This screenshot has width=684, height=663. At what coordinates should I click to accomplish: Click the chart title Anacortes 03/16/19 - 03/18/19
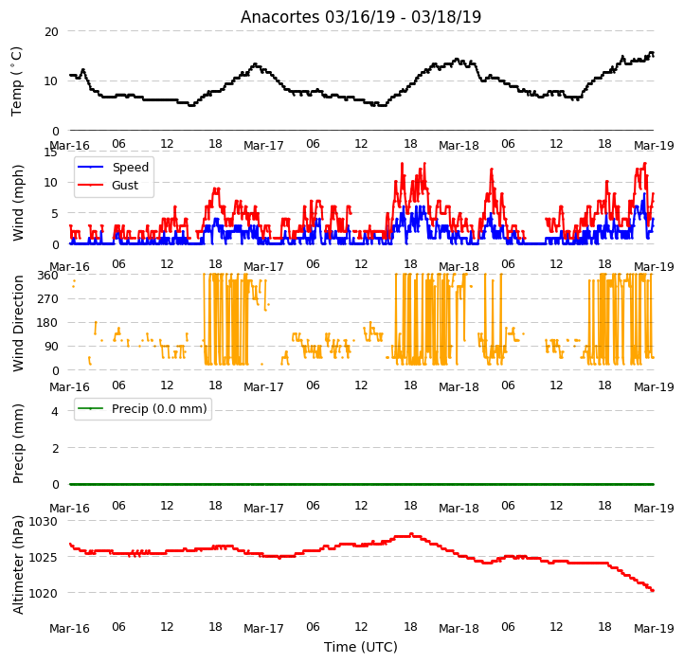(x=361, y=17)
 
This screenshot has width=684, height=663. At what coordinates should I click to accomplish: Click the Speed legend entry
(x=113, y=167)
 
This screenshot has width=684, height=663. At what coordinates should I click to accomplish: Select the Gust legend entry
(x=108, y=185)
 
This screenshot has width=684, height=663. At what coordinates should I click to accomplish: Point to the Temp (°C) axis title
(x=16, y=81)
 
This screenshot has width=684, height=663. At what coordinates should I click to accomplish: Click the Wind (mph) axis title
(x=18, y=203)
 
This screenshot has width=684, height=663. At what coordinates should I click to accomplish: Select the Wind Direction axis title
(x=18, y=323)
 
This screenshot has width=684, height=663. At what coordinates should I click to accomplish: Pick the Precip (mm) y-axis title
(x=18, y=443)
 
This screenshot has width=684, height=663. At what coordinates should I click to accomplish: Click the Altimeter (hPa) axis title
(x=18, y=564)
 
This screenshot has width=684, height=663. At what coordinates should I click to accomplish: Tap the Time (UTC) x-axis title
(x=361, y=646)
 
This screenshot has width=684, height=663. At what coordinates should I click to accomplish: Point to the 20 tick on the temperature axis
(x=51, y=32)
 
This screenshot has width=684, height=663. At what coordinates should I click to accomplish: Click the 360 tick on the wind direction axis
(x=47, y=276)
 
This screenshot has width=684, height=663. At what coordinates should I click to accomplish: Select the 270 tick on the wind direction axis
(x=47, y=299)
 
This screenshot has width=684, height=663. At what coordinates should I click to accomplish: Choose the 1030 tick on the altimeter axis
(x=43, y=521)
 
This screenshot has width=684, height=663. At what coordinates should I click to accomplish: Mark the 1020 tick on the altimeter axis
(x=43, y=593)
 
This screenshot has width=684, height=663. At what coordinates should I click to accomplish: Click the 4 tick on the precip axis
(x=55, y=411)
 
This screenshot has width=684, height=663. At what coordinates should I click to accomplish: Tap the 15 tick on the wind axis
(x=50, y=152)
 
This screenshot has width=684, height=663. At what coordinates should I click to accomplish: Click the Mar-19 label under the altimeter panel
(x=654, y=629)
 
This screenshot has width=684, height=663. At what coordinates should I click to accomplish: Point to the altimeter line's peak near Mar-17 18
(x=411, y=534)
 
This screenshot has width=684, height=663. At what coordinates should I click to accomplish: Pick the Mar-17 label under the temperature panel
(x=263, y=145)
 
